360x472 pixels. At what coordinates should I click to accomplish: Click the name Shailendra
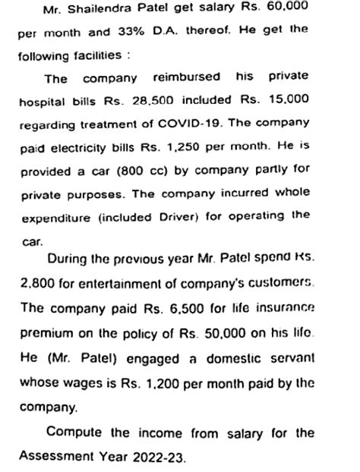point(103,9)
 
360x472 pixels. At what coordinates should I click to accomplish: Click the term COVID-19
point(187,124)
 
